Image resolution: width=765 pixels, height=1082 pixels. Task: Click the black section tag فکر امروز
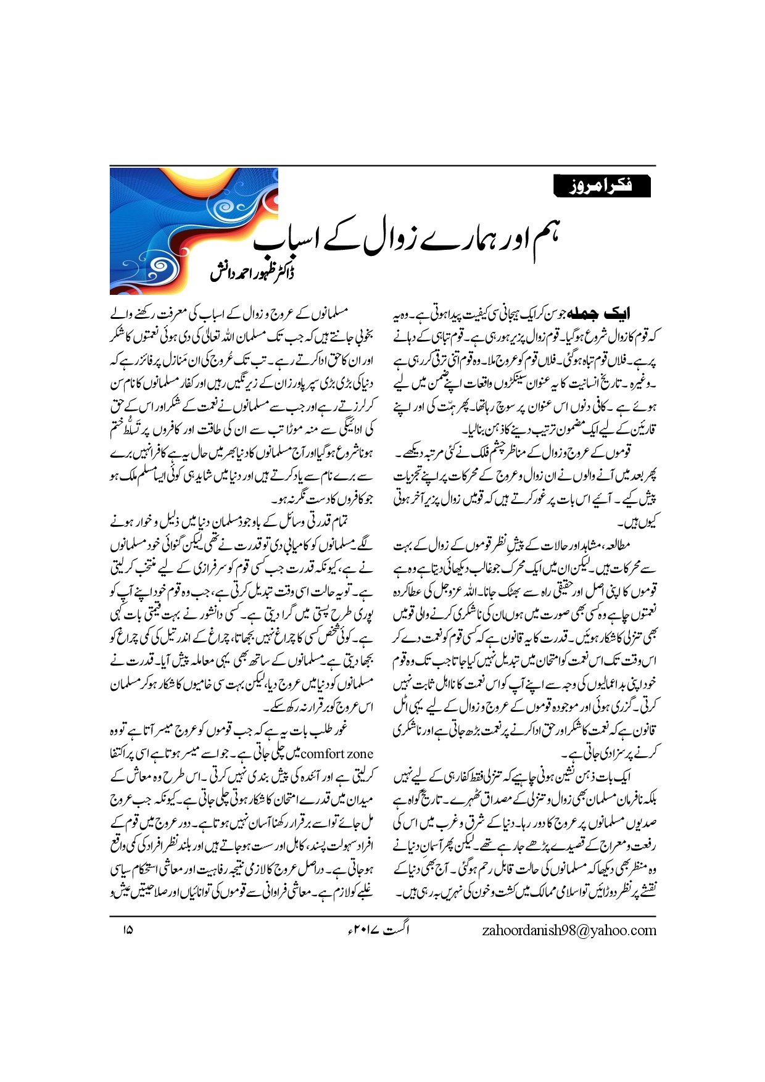click(x=602, y=186)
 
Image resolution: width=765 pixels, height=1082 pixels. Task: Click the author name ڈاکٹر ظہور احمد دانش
click(x=252, y=272)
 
